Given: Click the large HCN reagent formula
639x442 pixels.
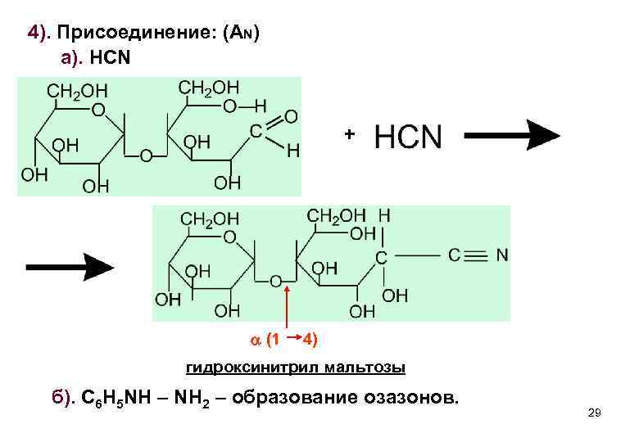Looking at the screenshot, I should pyautogui.click(x=407, y=137).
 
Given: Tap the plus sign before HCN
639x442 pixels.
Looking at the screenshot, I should pyautogui.click(x=349, y=133).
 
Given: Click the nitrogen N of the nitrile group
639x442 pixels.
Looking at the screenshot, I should pyautogui.click(x=502, y=255).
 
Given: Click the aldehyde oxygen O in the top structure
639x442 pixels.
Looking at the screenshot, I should pyautogui.click(x=290, y=117).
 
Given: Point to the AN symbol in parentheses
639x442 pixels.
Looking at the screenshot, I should pyautogui.click(x=243, y=34).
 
